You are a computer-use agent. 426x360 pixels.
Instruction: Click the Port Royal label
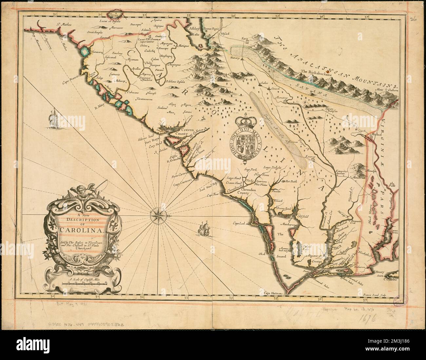pyautogui.click(x=151, y=143)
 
